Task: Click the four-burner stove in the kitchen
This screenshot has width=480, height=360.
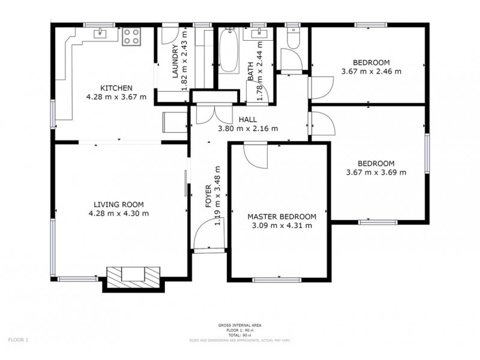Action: coord(131,37)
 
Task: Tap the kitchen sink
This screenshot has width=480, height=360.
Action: coord(99,34)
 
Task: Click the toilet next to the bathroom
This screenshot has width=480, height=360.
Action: coord(293,40)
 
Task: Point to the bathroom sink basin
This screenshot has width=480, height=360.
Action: coord(259,35)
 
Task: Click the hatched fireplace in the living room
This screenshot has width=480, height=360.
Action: coord(133,277)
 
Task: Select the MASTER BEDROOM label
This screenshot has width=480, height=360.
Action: coord(281,217)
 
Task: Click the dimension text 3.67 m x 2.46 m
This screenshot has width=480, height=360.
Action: coord(371,71)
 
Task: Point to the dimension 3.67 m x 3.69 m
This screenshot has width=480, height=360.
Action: coord(376,172)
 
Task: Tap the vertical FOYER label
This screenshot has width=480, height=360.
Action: coord(208,196)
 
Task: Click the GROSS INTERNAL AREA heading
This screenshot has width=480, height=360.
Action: coord(239,325)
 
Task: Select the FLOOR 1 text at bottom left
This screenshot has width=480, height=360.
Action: coord(18,340)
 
